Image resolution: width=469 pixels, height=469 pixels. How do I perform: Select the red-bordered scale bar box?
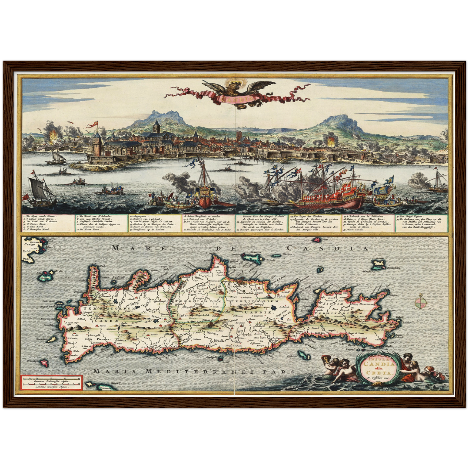pyautogui.click(x=51, y=382)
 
